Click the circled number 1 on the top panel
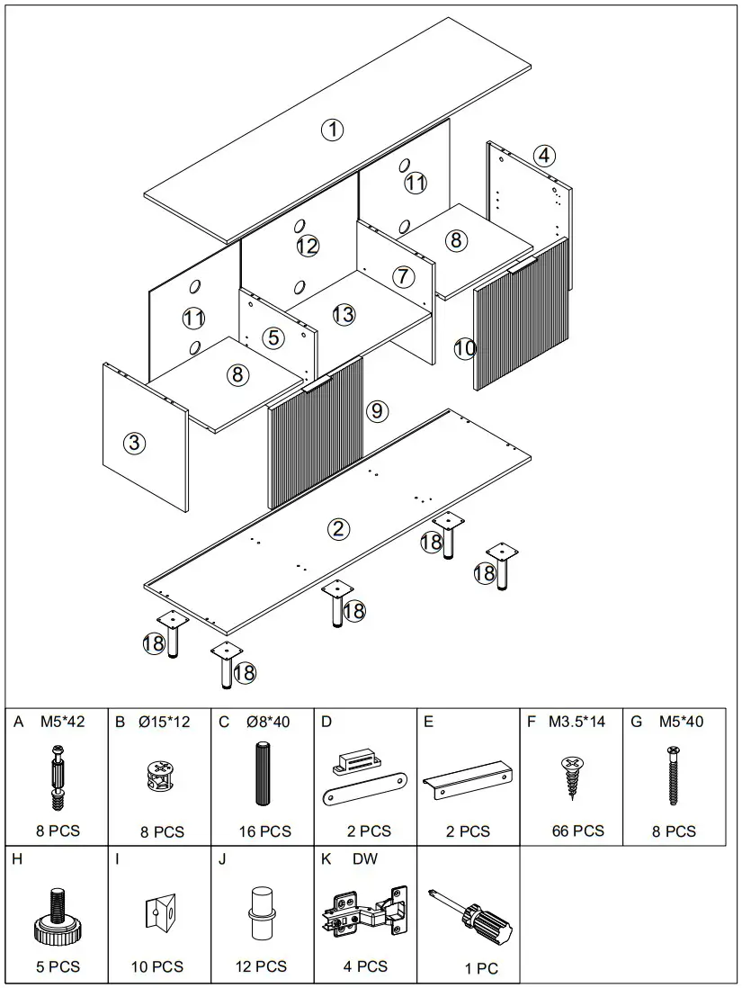coord(333,130)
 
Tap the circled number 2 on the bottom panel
coord(338,528)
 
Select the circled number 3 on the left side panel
coord(134,442)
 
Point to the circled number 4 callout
coord(542,155)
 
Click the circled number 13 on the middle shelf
coord(344,314)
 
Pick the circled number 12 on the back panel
coord(308,245)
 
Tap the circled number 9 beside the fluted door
coord(377,411)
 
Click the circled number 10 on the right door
coord(464,347)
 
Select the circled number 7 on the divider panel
coord(402,275)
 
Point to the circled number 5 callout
coord(274,337)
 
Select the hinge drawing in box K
coord(364,912)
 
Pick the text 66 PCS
coord(578,831)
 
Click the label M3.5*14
coord(577,722)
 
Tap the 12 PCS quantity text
coord(261,966)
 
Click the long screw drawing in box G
coord(672,775)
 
